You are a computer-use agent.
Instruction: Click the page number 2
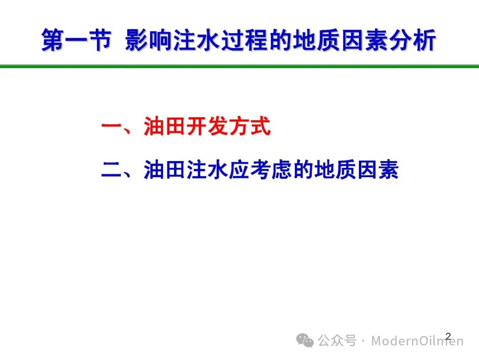click(448, 336)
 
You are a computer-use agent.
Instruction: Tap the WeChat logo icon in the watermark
click(305, 340)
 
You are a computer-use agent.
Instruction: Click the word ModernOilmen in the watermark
click(417, 341)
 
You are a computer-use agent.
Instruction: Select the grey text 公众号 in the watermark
click(337, 340)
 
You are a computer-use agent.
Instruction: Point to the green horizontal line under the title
click(239, 66)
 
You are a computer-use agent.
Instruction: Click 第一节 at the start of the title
click(76, 40)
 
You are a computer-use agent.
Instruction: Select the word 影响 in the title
click(149, 40)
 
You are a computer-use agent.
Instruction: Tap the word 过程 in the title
click(245, 40)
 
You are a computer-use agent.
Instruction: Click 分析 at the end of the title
click(413, 40)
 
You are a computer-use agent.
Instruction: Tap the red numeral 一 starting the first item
click(112, 126)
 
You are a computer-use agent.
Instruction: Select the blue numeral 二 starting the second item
click(112, 169)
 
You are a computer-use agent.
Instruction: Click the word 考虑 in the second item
click(271, 169)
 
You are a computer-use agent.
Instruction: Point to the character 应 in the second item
click(239, 169)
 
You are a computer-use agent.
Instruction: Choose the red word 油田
click(165, 126)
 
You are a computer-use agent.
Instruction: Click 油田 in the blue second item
click(165, 169)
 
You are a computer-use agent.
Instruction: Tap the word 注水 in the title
click(197, 40)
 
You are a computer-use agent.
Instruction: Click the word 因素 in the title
click(365, 40)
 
